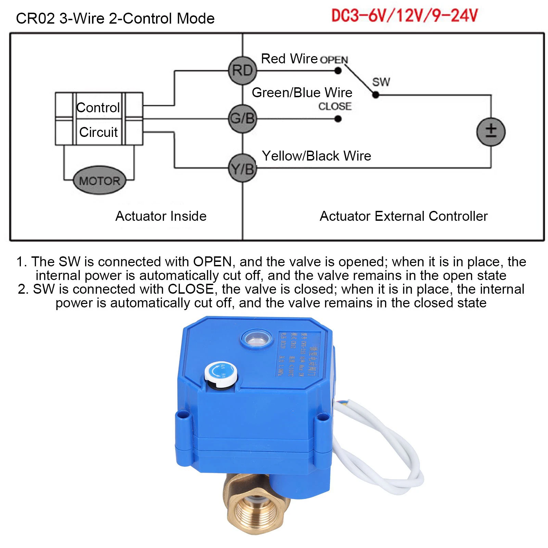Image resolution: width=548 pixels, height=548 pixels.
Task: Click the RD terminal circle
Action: [242, 71]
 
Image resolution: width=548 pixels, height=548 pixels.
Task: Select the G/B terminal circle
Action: [242, 119]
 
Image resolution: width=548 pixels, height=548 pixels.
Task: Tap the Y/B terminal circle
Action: [242, 168]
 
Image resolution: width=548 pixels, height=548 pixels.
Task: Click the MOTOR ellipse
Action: [100, 180]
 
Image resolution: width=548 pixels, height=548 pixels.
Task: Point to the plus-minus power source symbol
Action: [491, 132]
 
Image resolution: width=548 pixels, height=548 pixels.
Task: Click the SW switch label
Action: [381, 82]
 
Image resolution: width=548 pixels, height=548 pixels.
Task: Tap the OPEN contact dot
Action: [338, 71]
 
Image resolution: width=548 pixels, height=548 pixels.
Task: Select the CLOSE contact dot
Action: [338, 119]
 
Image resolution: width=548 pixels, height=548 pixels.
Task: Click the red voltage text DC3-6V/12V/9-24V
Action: [404, 16]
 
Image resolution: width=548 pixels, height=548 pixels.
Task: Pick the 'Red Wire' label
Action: [289, 59]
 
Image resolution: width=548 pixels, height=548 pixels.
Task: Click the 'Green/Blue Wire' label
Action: [302, 93]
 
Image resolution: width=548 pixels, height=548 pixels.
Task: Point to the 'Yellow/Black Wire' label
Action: [316, 156]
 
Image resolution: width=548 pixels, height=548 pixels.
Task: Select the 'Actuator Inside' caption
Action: [161, 216]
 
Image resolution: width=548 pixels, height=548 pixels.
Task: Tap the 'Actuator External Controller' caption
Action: [404, 216]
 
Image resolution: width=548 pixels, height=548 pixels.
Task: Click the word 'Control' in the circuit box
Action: [98, 107]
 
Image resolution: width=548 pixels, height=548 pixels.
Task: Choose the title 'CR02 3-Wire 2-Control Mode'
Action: [115, 18]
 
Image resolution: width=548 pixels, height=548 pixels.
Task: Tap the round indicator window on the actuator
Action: [257, 339]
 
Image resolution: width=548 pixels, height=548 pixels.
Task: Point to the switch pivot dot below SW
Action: [375, 95]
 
